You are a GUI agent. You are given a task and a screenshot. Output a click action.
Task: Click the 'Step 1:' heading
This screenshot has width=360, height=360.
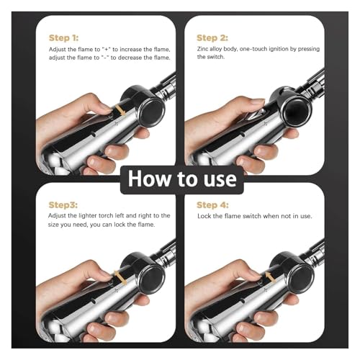click(x=63, y=38)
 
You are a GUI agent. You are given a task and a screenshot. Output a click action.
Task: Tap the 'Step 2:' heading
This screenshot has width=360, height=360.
click(x=212, y=38)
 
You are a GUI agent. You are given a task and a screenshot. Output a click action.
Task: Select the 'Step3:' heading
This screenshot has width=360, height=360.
click(x=63, y=205)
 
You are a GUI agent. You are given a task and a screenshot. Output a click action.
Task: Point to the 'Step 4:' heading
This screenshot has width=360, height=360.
click(x=212, y=205)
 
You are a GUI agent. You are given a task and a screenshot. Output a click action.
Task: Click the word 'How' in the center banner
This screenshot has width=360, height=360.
click(x=150, y=179)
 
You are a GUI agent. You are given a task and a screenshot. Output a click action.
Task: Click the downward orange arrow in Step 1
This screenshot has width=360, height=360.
click(x=120, y=110)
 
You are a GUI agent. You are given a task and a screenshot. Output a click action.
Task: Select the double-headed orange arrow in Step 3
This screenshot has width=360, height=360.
click(x=120, y=278)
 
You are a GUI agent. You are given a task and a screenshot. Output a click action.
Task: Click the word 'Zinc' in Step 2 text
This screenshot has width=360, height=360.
click(x=202, y=49)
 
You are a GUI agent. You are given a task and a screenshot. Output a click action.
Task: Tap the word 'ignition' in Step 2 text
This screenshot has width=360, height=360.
click(x=279, y=49)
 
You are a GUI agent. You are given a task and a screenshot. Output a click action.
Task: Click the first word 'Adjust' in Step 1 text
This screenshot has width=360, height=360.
click(x=58, y=50)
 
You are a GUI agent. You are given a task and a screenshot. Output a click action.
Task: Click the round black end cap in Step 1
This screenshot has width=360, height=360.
click(x=150, y=113)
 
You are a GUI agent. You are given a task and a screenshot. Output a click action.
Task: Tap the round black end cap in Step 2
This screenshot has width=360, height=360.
click(x=297, y=110)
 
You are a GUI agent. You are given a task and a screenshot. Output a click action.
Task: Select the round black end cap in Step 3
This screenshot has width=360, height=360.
click(x=150, y=279)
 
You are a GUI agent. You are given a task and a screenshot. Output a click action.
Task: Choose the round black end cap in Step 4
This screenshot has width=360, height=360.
click(x=300, y=279)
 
